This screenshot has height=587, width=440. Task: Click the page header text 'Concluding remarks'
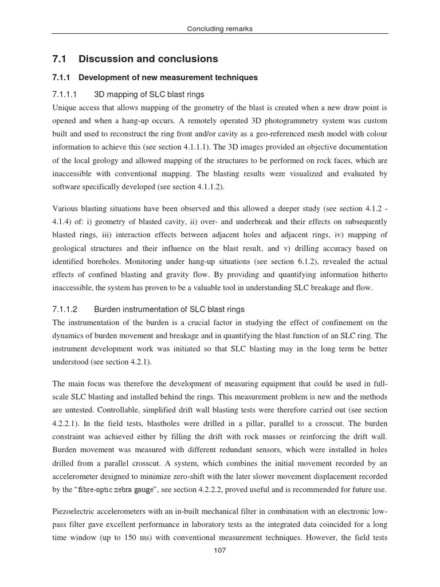coord(220,29)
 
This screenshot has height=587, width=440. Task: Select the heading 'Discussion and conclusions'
coord(148,59)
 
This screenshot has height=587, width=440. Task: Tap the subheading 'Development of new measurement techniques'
coord(168,77)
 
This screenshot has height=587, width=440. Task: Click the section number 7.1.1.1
coord(65,94)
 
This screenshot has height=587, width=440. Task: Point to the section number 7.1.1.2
coord(65,310)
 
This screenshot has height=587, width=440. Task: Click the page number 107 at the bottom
coord(220,550)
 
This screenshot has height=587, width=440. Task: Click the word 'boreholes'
coord(108,261)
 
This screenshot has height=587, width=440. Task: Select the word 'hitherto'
coord(370,275)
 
